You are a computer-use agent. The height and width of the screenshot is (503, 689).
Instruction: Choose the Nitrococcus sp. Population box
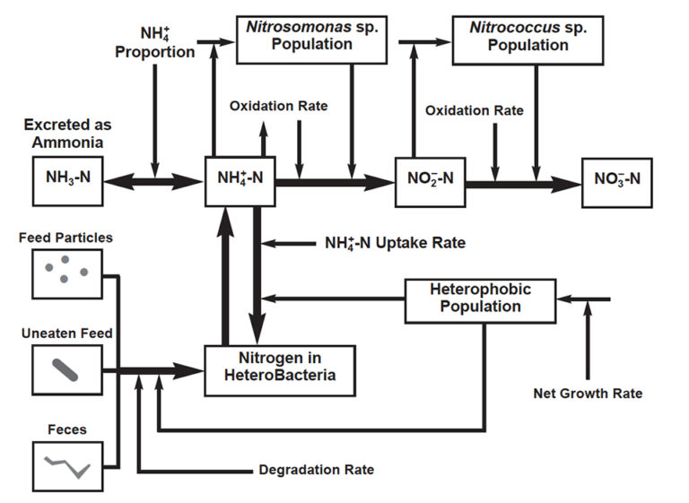click(515, 38)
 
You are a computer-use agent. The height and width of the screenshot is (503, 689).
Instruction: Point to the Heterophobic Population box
click(480, 299)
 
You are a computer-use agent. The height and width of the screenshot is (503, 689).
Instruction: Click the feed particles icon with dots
click(66, 273)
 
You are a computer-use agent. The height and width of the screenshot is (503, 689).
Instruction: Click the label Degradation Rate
click(316, 470)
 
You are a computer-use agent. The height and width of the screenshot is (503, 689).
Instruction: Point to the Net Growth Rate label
click(588, 394)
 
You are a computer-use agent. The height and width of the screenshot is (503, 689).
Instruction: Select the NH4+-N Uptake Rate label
click(395, 243)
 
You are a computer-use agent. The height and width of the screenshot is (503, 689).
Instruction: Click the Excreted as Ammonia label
click(68, 133)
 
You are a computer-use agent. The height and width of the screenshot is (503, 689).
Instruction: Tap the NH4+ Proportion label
click(154, 43)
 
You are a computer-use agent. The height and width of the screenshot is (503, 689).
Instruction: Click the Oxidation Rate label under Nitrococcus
click(474, 110)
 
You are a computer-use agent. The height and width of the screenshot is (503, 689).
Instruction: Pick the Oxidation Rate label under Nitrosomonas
click(278, 106)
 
